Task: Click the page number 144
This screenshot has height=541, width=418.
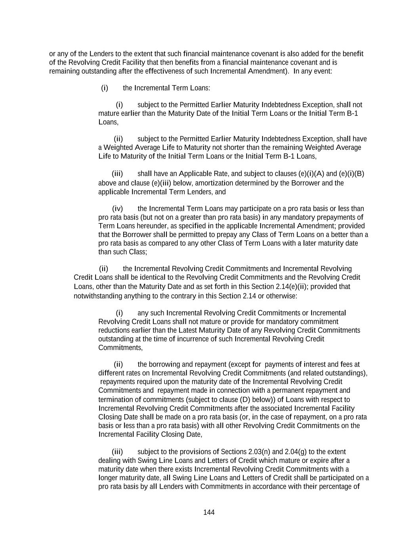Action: [x=209, y=512]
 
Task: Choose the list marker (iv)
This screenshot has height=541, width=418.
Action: [x=118, y=208]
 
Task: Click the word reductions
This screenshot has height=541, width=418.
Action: [x=115, y=330]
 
